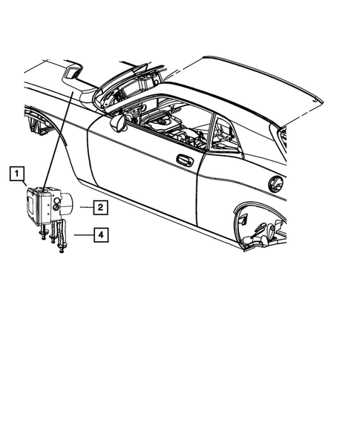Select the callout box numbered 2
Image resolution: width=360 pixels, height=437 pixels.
pos(99,207)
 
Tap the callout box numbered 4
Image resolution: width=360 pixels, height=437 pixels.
pos(99,236)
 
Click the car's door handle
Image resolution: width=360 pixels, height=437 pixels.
pos(184,160)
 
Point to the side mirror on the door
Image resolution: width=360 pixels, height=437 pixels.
pos(117,123)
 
